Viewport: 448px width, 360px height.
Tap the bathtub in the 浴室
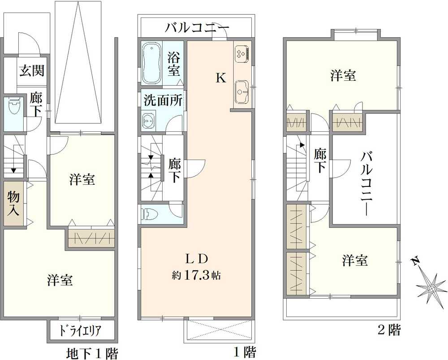point(152,63)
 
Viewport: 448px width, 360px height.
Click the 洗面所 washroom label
point(163,100)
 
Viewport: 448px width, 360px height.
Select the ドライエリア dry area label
point(81,331)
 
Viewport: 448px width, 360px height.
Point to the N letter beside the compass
point(416,261)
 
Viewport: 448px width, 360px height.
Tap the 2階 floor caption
point(388,331)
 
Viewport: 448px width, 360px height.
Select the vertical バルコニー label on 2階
point(367,184)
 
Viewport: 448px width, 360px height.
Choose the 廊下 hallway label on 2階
point(319,160)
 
